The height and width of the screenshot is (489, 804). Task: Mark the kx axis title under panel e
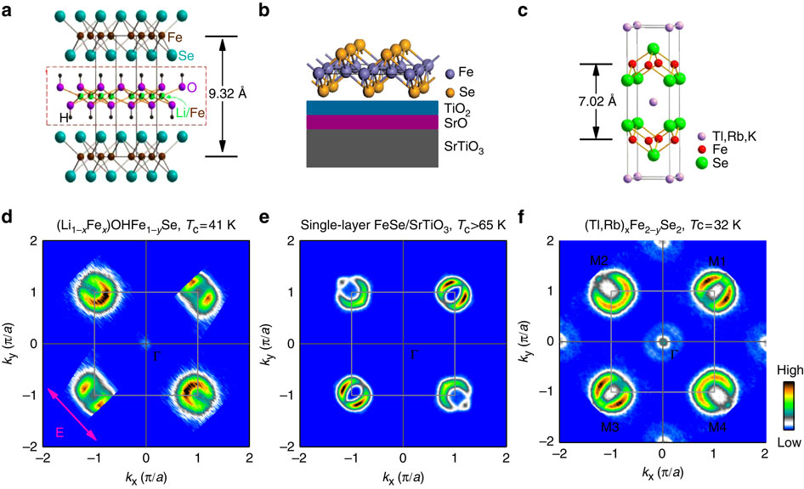click(403, 479)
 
